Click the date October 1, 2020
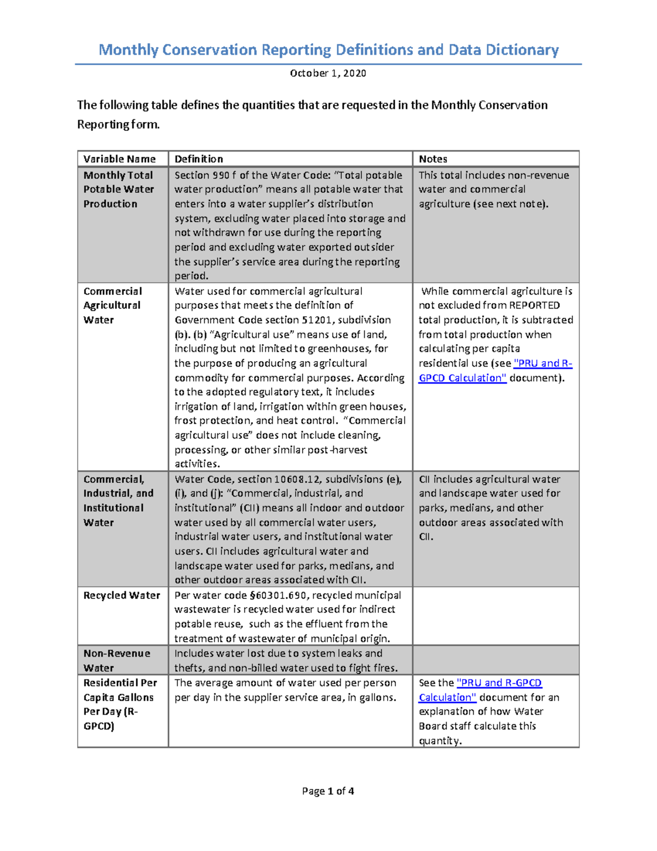click(328, 73)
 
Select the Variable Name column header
click(119, 159)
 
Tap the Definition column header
click(199, 159)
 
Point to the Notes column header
click(433, 159)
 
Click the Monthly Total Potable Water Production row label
click(118, 189)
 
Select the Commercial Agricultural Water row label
click(112, 305)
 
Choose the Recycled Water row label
click(122, 595)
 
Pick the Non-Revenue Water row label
click(117, 660)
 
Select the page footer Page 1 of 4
click(328, 791)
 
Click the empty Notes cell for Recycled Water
click(495, 616)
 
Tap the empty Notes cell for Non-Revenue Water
click(495, 660)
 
